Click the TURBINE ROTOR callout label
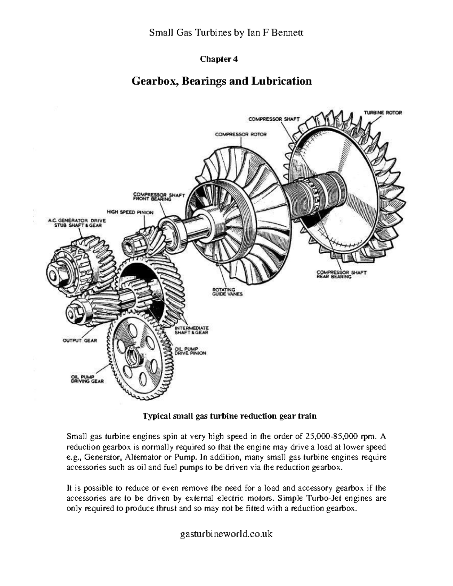(382, 112)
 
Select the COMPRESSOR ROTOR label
(240, 134)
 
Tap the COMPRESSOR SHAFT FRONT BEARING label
(159, 197)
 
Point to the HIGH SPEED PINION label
(130, 212)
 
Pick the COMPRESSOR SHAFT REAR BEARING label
(341, 274)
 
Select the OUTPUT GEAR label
(79, 340)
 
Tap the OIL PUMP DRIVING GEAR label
(87, 379)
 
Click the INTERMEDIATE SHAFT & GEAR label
(191, 330)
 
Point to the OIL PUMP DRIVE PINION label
(190, 351)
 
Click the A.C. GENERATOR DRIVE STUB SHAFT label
(77, 223)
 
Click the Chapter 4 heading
(219, 59)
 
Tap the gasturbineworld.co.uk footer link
(226, 534)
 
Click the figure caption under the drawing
(229, 416)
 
